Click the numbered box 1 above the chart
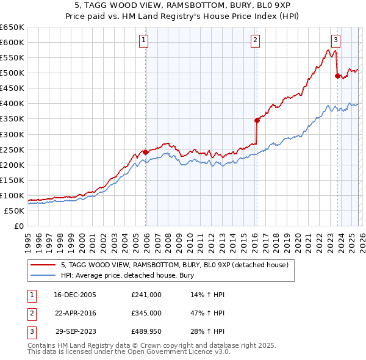143,41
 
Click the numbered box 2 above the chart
254,41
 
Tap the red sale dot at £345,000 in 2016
257,120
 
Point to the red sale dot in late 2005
146,152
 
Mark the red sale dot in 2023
337,76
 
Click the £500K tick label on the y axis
12,73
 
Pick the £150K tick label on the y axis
12,180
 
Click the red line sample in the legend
43,265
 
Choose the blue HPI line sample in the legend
43,275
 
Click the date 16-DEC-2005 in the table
75,295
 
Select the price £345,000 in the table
146,314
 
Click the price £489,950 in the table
146,333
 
